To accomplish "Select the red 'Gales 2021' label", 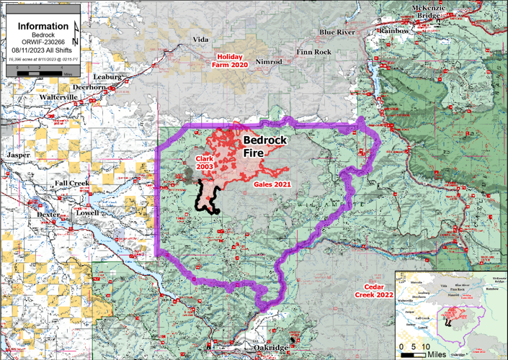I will [x=272, y=184].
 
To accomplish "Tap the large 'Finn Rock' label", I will [x=313, y=53].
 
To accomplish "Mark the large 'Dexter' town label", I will [x=49, y=215].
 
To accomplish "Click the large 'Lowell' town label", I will [x=84, y=215].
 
